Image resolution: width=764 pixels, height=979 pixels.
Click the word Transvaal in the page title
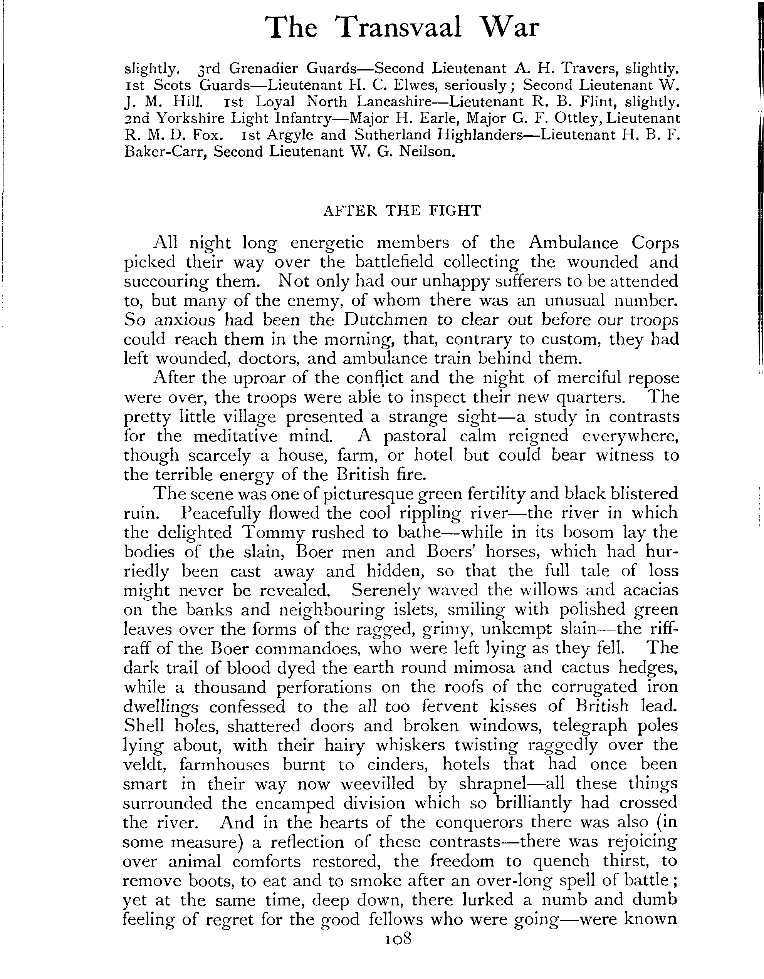point(400,28)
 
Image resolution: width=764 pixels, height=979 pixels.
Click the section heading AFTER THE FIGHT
point(402,211)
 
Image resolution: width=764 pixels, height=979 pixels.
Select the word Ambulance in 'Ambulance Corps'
point(573,243)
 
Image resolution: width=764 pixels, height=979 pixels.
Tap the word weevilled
point(378,784)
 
